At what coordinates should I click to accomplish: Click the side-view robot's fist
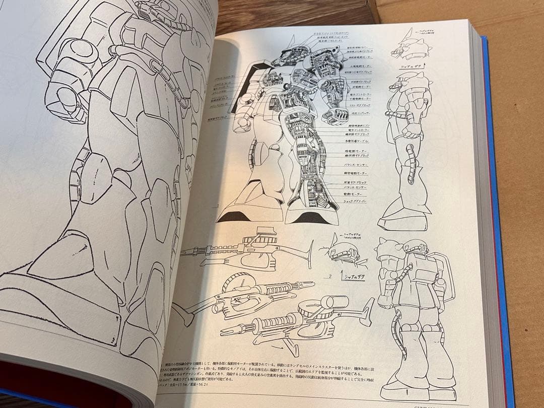click(x=411, y=129)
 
